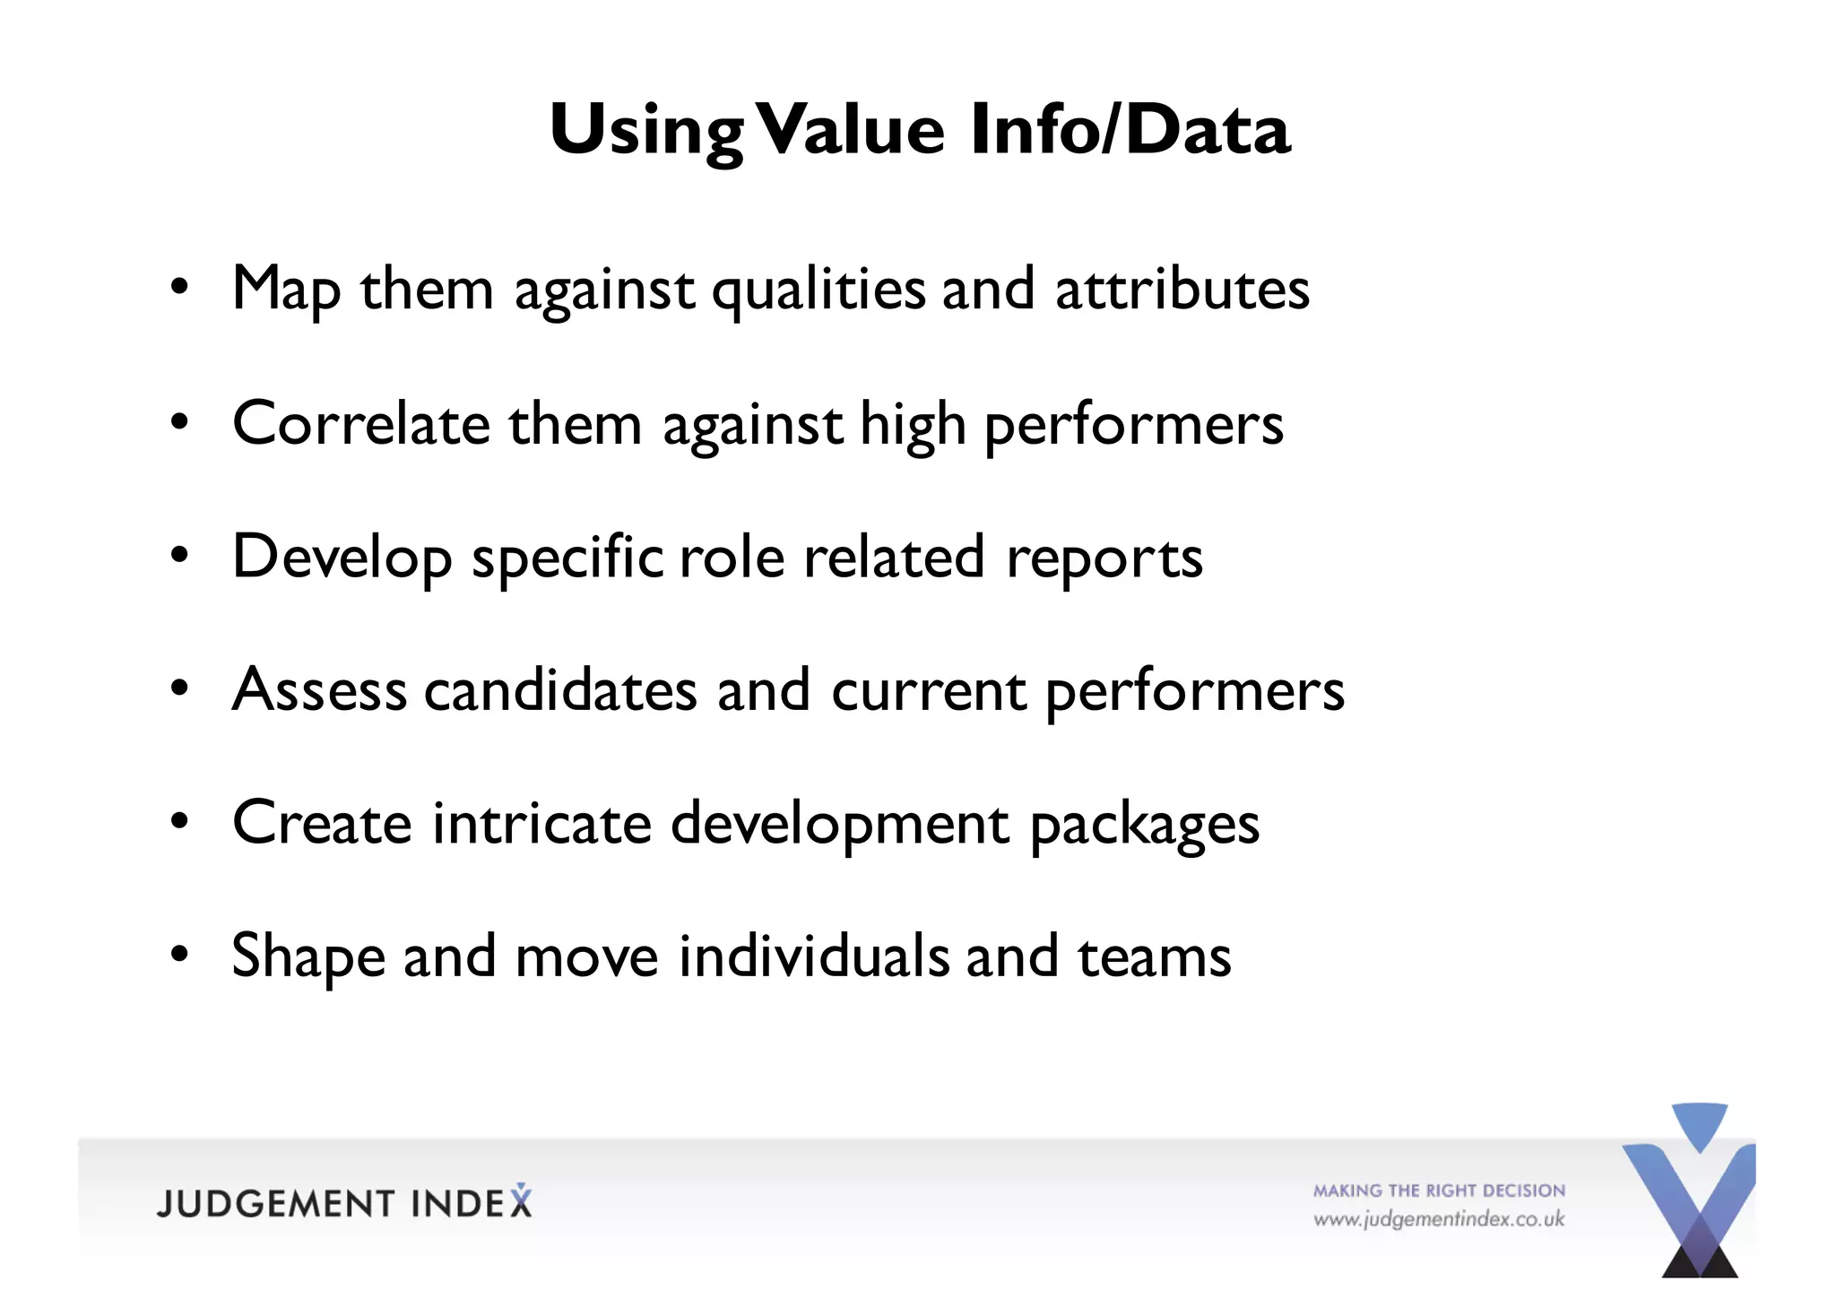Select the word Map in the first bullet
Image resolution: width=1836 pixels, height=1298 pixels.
[286, 290]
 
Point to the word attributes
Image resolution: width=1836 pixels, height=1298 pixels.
[1182, 290]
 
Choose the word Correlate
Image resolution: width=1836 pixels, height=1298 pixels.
[360, 423]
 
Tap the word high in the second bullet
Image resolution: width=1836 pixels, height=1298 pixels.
[913, 425]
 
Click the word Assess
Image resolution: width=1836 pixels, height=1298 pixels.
[319, 690]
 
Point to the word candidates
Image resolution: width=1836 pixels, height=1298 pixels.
[560, 690]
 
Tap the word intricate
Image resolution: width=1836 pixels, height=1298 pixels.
[541, 823]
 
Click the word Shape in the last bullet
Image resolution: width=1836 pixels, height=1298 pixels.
[307, 957]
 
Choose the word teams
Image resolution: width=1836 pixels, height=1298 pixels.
[1154, 956]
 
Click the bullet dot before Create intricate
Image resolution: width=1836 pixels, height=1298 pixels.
[180, 821]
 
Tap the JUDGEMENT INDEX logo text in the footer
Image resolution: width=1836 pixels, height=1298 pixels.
[344, 1203]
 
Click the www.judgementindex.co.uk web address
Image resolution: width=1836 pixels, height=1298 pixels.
[1438, 1220]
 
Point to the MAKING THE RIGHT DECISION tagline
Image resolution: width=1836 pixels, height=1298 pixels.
[1439, 1190]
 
